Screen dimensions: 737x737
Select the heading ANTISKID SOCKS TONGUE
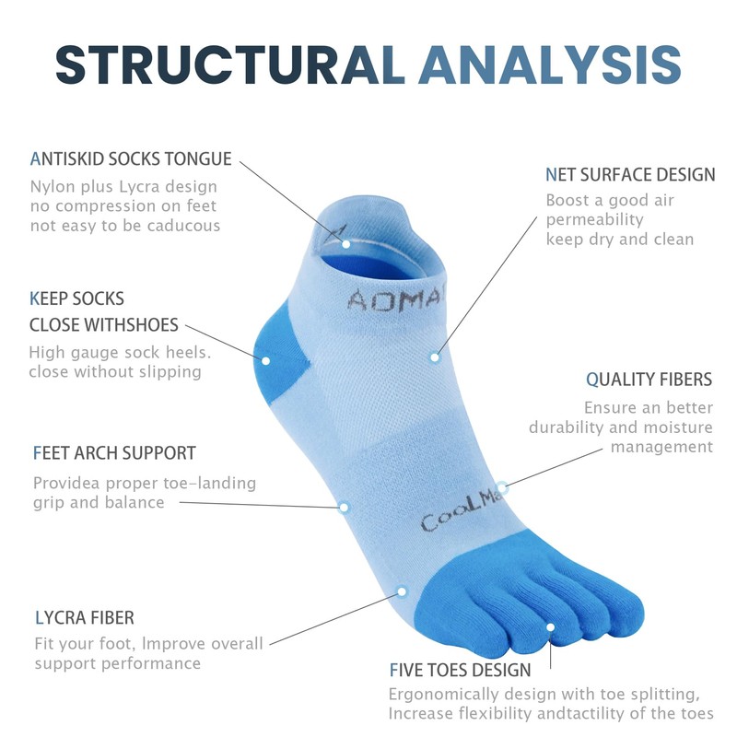click(x=131, y=159)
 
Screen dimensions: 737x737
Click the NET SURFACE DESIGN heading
click(x=630, y=174)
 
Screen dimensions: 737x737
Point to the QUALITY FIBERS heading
click(x=649, y=380)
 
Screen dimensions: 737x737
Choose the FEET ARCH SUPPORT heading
click(x=114, y=453)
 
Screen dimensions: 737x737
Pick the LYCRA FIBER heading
click(x=84, y=617)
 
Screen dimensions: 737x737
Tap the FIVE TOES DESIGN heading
click(x=460, y=670)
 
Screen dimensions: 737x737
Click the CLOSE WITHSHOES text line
click(x=104, y=325)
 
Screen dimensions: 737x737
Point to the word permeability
click(x=595, y=220)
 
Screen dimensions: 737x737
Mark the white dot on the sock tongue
click(x=345, y=243)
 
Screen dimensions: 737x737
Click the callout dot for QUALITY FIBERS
click(x=502, y=487)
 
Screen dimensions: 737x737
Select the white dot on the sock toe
click(x=551, y=627)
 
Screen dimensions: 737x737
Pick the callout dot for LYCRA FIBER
click(x=401, y=591)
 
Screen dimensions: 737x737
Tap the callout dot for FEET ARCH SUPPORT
click(x=344, y=507)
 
